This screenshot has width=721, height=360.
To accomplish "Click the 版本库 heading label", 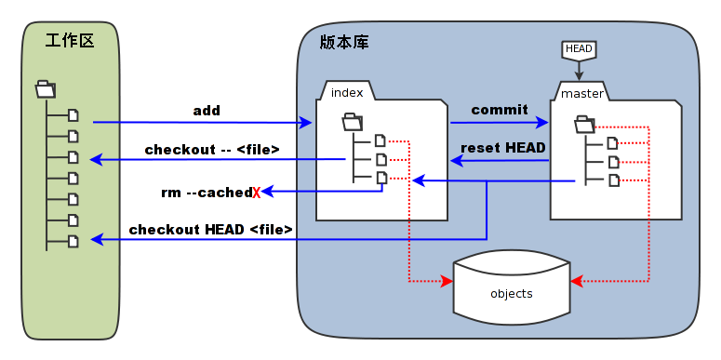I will pyautogui.click(x=340, y=42).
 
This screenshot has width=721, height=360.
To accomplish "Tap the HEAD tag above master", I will pyautogui.click(x=579, y=48).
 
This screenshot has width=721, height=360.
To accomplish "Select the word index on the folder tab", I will pyautogui.click(x=347, y=92).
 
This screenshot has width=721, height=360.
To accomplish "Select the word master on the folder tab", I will pyautogui.click(x=582, y=93).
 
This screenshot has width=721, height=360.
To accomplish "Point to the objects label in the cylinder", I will pyautogui.click(x=511, y=294).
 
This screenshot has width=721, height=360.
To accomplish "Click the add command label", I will pyautogui.click(x=207, y=111).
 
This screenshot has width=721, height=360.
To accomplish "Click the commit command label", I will pyautogui.click(x=500, y=110).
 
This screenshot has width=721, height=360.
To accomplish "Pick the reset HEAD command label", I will pyautogui.click(x=503, y=148).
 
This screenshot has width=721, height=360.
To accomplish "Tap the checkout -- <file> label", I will pyautogui.click(x=212, y=149).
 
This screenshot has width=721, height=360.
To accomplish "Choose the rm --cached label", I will pyautogui.click(x=206, y=193).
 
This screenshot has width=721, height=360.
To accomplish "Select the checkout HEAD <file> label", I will pyautogui.click(x=211, y=229).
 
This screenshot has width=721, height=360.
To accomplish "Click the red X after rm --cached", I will pyautogui.click(x=256, y=193).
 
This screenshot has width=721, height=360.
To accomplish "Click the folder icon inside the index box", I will pyautogui.click(x=352, y=121).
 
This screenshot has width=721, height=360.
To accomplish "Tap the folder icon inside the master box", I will pyautogui.click(x=584, y=123).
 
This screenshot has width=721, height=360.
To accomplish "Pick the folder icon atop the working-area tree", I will pyautogui.click(x=45, y=89).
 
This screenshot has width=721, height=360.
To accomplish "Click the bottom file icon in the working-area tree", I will pyautogui.click(x=73, y=241).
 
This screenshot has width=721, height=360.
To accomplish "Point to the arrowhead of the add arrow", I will pyautogui.click(x=307, y=123).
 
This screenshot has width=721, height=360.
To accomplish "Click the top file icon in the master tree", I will pyautogui.click(x=612, y=142).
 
